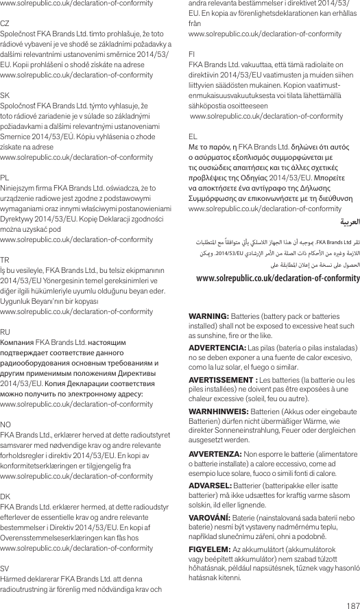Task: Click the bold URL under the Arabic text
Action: [277, 278]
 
